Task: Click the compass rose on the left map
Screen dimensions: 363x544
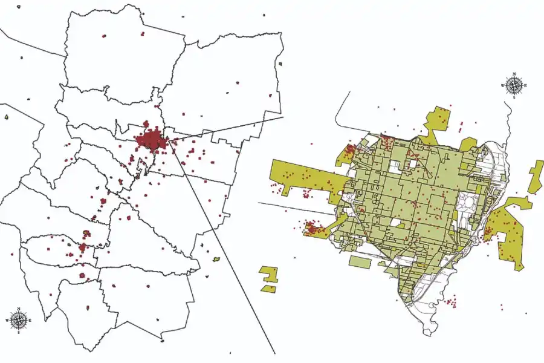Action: click(x=19, y=319)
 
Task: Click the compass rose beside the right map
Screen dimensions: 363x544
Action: click(x=514, y=85)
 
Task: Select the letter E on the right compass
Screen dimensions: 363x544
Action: click(x=525, y=86)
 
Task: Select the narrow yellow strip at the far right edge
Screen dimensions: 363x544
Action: click(x=536, y=176)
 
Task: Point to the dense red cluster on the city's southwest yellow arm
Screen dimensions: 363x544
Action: click(x=312, y=229)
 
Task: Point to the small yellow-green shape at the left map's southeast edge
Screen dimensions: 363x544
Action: click(x=216, y=260)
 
